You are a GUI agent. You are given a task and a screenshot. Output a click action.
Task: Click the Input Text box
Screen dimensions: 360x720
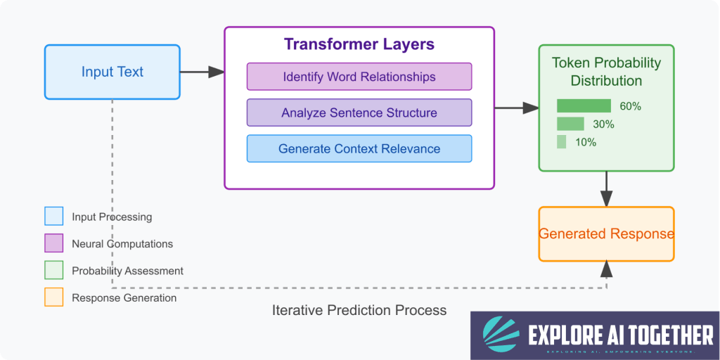click(x=112, y=72)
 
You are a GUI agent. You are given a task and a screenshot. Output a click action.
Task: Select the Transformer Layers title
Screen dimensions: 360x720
click(x=359, y=44)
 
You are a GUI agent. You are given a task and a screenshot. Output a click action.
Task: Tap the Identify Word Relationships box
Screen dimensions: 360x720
click(x=359, y=77)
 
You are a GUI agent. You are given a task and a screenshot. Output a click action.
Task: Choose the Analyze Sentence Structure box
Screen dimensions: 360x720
click(x=359, y=112)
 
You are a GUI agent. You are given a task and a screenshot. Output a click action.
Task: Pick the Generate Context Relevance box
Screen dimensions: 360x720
click(x=359, y=148)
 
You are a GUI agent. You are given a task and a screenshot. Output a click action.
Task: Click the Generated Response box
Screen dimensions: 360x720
click(x=606, y=234)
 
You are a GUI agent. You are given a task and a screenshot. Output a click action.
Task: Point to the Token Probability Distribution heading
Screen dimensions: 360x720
click(x=606, y=72)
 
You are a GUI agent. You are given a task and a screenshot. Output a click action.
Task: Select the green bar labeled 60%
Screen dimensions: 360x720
click(x=584, y=106)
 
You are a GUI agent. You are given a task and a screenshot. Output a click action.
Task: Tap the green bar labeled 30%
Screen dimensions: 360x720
click(x=570, y=124)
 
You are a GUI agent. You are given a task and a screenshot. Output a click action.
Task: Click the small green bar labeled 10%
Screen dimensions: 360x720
click(x=562, y=142)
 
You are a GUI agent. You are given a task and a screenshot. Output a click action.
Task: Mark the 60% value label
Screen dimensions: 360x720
click(x=630, y=106)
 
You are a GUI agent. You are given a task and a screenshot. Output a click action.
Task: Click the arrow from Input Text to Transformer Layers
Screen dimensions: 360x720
click(x=202, y=72)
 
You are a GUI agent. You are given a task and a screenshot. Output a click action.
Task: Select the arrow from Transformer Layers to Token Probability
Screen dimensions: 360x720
click(x=516, y=108)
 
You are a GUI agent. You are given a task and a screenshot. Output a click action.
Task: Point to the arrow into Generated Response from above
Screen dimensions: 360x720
click(x=606, y=189)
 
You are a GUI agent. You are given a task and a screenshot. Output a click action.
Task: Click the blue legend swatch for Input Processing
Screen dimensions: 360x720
click(x=53, y=217)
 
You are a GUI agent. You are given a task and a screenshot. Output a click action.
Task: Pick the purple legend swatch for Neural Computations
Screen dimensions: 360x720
click(x=53, y=243)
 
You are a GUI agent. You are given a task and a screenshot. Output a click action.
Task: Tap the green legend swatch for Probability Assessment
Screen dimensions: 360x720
click(x=53, y=271)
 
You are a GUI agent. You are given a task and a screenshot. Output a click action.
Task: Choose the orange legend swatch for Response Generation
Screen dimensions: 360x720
click(x=53, y=297)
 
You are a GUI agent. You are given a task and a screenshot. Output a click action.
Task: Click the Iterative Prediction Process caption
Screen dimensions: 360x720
click(x=359, y=310)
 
